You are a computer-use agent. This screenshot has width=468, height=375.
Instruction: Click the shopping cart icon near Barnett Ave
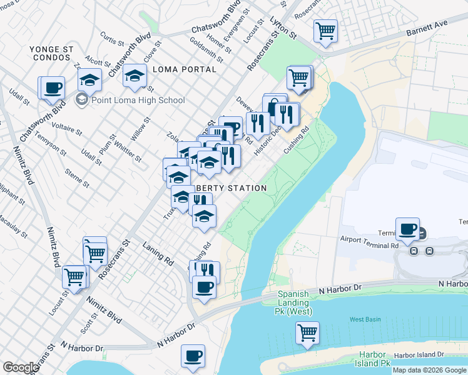tap(325, 30)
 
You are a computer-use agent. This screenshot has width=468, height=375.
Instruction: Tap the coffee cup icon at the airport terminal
tap(408, 229)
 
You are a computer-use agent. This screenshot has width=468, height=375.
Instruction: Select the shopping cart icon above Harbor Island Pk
tap(307, 333)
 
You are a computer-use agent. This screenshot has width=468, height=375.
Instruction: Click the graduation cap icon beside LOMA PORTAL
tap(134, 76)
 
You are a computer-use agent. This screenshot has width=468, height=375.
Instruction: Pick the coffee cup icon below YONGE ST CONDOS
tap(53, 87)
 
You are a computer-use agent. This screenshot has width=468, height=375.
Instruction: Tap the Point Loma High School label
tap(138, 100)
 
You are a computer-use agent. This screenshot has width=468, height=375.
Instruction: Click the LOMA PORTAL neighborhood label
tap(184, 69)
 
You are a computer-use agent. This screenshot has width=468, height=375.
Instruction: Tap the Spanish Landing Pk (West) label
tap(295, 303)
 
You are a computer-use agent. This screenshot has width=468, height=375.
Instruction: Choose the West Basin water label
tap(365, 319)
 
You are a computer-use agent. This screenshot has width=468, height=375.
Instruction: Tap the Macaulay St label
tap(14, 226)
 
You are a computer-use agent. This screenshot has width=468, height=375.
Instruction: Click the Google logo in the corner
tap(21, 367)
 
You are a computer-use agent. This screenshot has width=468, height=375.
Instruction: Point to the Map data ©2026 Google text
tap(429, 370)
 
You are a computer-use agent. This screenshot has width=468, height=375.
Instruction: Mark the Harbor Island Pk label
tap(372, 358)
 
